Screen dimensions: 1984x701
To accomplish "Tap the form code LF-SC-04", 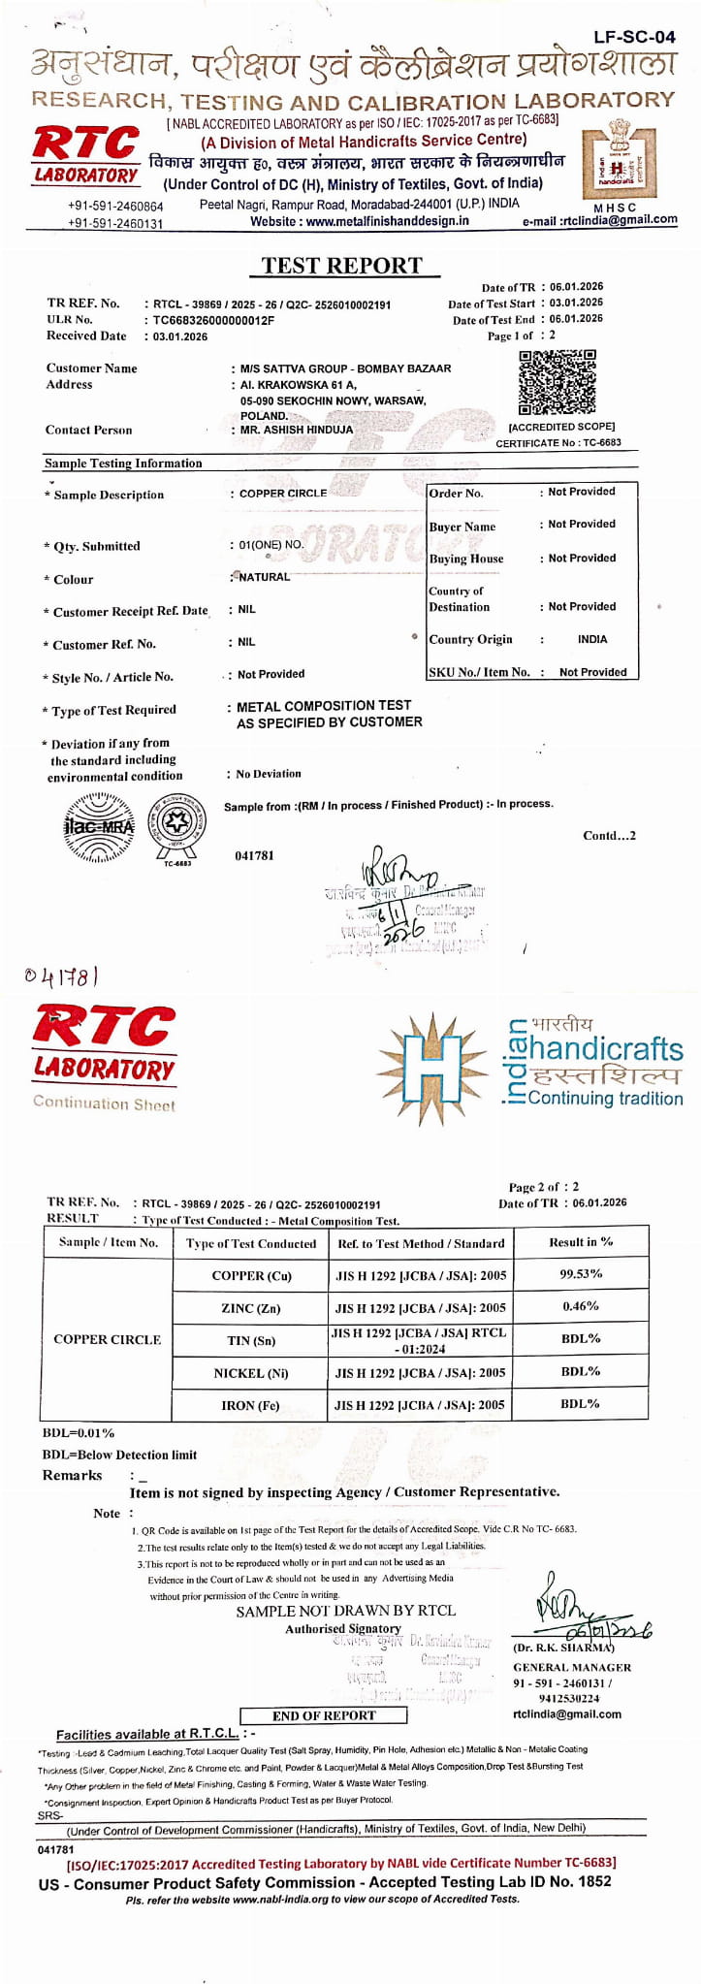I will (x=634, y=37).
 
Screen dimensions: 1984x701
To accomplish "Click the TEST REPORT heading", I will (x=341, y=266).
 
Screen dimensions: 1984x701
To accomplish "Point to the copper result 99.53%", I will (x=581, y=1273).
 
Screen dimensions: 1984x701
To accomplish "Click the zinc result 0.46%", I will (x=581, y=1306).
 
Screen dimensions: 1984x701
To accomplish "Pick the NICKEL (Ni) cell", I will (x=250, y=1373).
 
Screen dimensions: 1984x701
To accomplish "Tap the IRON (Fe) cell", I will (x=250, y=1405).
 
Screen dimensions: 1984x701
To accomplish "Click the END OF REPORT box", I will (x=324, y=1715).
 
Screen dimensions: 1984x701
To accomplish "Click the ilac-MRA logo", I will (x=98, y=827).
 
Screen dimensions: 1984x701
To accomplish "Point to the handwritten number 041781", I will (x=62, y=975).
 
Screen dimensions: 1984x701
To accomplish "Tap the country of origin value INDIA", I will (x=591, y=640).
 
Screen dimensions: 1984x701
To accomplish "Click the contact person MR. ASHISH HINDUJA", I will (x=297, y=430).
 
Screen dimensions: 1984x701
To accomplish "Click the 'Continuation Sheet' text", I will (x=105, y=1104).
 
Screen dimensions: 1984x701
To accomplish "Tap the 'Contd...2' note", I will (x=609, y=836).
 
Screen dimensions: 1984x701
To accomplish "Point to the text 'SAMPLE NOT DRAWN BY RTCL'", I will (x=345, y=1611).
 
